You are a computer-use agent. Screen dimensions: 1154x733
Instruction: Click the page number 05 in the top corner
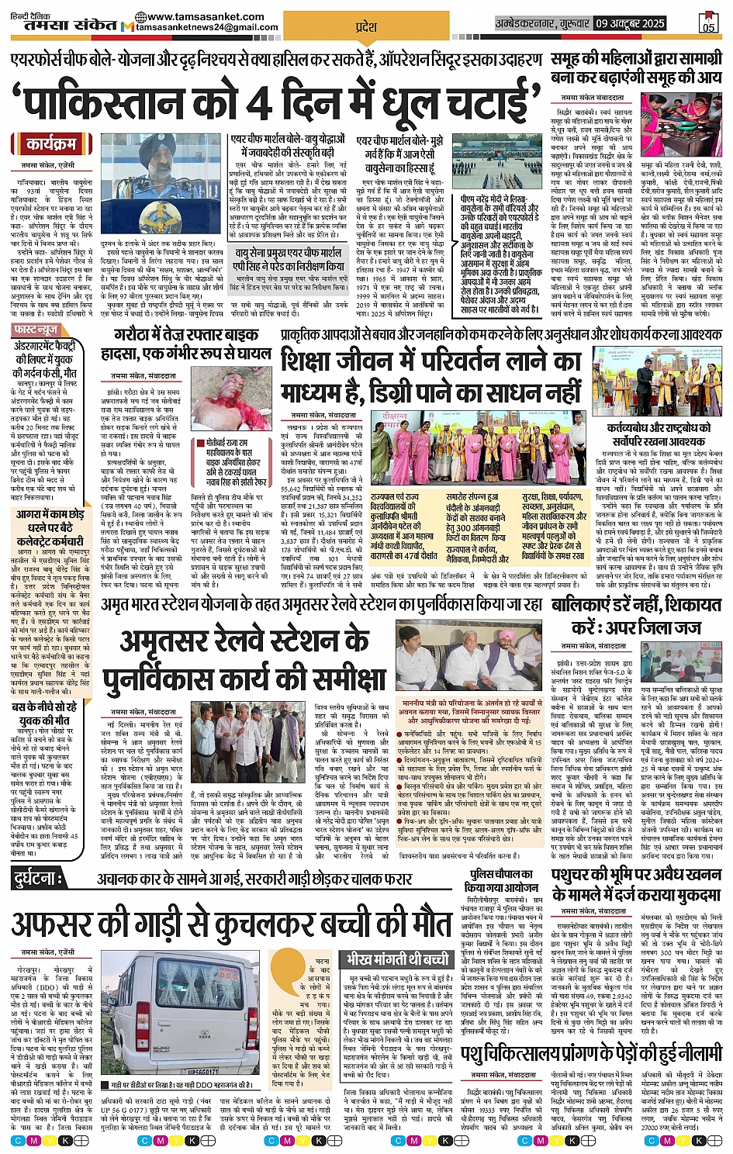tap(707, 23)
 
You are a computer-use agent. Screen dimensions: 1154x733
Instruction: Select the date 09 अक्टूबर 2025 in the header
tap(630, 23)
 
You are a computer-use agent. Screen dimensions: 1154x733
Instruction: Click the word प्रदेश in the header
tap(365, 26)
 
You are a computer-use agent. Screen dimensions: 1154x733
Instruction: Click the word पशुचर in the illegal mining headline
tap(578, 875)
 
